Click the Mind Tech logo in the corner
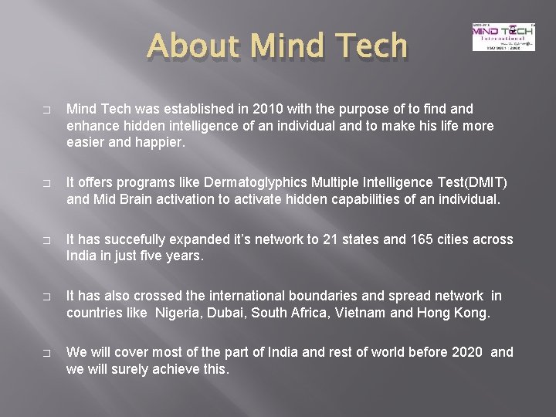click(x=503, y=36)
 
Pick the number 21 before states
click(x=351, y=239)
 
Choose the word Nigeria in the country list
click(x=179, y=313)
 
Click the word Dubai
click(x=228, y=313)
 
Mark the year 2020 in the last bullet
click(x=467, y=352)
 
